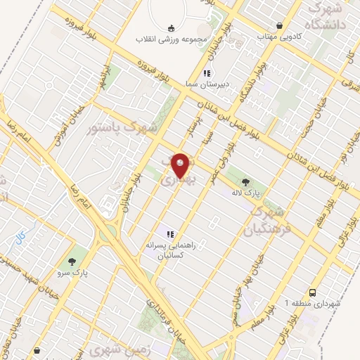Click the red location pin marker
pos(181,164)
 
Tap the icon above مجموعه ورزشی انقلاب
pos(171,28)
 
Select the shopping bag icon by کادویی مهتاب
pos(280,25)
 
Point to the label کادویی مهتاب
pos(278,36)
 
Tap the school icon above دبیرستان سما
pos(207,73)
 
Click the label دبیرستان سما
pos(205,83)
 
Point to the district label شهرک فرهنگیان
pos(265,220)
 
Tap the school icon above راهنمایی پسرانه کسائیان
pos(169,233)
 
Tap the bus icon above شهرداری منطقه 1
pos(310,292)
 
